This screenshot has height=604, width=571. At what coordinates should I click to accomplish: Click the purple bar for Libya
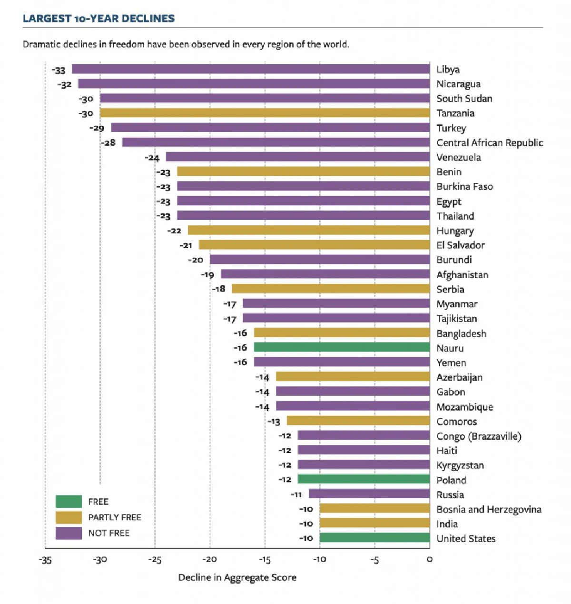tap(251, 70)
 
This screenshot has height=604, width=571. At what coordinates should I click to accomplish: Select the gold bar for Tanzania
tap(265, 113)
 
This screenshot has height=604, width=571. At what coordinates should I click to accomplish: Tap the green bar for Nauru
tap(342, 348)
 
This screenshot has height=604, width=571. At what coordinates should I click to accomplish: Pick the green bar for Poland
tap(364, 480)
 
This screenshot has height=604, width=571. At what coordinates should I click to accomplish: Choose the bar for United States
tap(374, 538)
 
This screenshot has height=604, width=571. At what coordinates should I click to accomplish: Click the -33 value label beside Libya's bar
tap(59, 70)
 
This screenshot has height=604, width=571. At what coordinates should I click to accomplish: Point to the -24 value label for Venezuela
tap(152, 158)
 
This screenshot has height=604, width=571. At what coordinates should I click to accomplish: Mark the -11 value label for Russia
tap(296, 495)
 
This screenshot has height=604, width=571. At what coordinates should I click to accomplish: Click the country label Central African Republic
tap(490, 143)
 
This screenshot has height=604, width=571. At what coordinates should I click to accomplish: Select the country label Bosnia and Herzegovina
tap(489, 510)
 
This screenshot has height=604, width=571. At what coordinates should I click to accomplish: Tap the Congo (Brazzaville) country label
tap(479, 436)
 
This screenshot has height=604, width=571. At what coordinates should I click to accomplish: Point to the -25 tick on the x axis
tap(155, 560)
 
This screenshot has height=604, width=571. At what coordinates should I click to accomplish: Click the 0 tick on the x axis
tap(430, 560)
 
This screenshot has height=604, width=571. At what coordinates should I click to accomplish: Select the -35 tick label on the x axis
tap(45, 560)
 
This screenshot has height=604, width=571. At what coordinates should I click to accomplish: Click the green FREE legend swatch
tap(69, 502)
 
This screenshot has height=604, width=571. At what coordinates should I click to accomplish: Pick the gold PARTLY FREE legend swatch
tap(69, 517)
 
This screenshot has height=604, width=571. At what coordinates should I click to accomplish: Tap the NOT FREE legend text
tap(109, 533)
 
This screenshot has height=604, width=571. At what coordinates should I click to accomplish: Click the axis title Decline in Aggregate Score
tap(237, 578)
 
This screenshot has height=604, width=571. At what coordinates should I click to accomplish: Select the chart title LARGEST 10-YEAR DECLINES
tap(98, 19)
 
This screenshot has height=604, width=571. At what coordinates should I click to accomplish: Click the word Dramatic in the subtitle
tap(40, 44)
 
